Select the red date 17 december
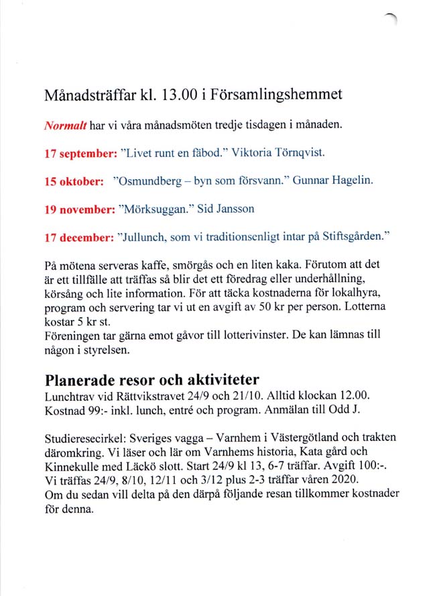pos(78,237)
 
